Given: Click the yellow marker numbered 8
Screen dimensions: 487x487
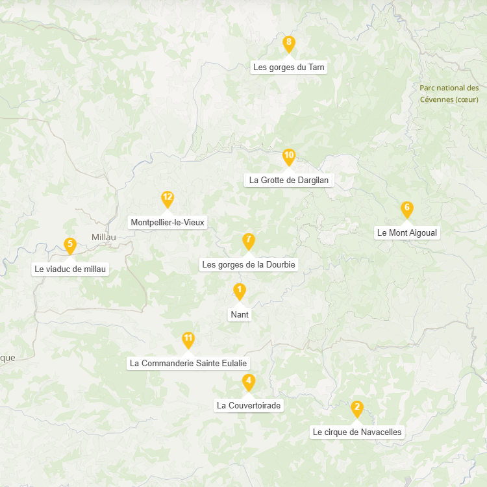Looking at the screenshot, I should pyautogui.click(x=289, y=44).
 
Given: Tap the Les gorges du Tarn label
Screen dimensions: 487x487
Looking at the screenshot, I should pyautogui.click(x=289, y=67).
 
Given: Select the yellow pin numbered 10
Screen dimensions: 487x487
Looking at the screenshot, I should pyautogui.click(x=289, y=156).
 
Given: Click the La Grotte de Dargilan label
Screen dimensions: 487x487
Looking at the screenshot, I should pyautogui.click(x=290, y=180).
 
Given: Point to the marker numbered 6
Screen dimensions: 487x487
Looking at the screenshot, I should pyautogui.click(x=407, y=209).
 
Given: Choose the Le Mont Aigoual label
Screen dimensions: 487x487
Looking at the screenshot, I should pyautogui.click(x=408, y=232).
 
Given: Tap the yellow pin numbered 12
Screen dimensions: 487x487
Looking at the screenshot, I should pyautogui.click(x=168, y=199).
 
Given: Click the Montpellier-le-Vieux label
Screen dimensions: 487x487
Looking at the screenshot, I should pyautogui.click(x=168, y=222).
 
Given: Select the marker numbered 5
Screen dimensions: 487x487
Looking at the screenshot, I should pyautogui.click(x=70, y=245).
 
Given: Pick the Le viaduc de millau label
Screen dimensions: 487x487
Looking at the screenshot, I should pyautogui.click(x=70, y=269).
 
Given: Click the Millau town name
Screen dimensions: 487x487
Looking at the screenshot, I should pyautogui.click(x=104, y=237).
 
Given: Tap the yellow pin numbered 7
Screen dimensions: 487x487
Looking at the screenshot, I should pyautogui.click(x=248, y=241).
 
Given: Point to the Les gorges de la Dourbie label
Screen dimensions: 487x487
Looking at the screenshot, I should pyautogui.click(x=249, y=264).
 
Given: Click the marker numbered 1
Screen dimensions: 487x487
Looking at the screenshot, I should pyautogui.click(x=240, y=291).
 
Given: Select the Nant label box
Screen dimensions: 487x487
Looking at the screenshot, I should pyautogui.click(x=240, y=315).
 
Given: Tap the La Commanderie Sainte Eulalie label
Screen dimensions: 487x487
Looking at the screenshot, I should pyautogui.click(x=189, y=363).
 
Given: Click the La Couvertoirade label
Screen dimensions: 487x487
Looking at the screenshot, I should pyautogui.click(x=249, y=405).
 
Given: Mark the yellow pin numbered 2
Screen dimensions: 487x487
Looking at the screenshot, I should pyautogui.click(x=356, y=408).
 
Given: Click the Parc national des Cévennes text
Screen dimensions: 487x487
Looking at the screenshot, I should pyautogui.click(x=449, y=94).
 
